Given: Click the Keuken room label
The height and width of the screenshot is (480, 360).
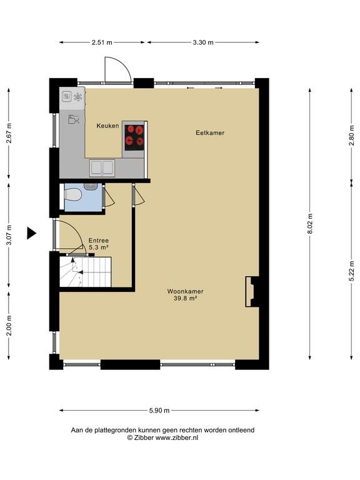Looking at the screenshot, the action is (107, 126).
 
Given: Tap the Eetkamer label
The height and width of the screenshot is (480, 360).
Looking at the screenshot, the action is (210, 133).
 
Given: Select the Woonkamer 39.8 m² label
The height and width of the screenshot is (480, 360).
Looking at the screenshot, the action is (185, 295).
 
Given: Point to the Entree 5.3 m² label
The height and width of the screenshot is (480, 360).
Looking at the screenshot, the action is (99, 244).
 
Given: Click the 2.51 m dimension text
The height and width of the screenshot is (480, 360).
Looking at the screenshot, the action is (102, 42).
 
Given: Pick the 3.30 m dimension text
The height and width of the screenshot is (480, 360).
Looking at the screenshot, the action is (203, 42).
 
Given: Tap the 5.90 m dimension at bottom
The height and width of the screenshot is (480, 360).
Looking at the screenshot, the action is (159, 411).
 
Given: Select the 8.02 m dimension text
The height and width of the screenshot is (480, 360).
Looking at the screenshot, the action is (310, 224).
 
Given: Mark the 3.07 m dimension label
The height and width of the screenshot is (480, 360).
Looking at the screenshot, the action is (9, 235).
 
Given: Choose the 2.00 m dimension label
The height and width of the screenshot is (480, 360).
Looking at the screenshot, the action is (9, 326).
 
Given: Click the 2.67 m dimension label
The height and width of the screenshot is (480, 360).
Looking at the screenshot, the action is (9, 133).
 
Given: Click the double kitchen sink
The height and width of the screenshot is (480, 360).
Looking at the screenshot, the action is (102, 168).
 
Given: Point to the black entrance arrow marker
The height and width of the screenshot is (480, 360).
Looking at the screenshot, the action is (31, 233).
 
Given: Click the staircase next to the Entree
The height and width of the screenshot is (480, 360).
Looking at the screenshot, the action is (85, 272).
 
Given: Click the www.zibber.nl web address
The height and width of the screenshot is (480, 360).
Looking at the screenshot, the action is (177, 437).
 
